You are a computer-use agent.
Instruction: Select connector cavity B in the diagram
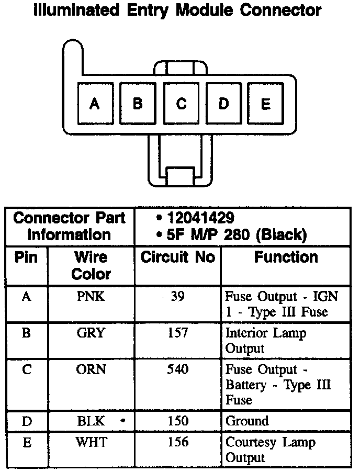138,104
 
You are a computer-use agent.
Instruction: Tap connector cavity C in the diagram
181,104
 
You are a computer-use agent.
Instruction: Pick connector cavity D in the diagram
224,104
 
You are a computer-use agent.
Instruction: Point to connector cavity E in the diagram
266,104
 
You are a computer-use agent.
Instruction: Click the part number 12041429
200,218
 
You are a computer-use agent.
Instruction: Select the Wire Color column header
91,265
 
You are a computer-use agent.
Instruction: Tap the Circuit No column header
178,257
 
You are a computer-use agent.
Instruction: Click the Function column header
286,257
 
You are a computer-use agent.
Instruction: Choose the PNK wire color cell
91,297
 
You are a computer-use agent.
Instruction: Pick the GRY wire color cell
91,333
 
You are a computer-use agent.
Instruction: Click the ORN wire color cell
91,369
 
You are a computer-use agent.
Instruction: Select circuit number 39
178,297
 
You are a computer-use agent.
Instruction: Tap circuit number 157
178,333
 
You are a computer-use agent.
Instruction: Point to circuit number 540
178,369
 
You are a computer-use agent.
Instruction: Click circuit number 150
178,421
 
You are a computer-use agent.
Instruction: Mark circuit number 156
178,442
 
